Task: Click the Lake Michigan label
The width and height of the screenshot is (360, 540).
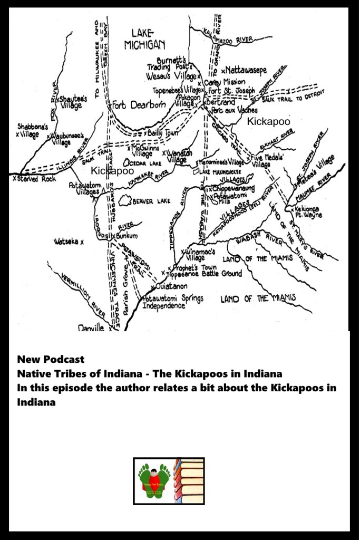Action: [145, 38]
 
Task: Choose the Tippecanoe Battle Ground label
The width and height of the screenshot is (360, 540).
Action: [205, 274]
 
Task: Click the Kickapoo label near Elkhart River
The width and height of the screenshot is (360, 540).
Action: [269, 121]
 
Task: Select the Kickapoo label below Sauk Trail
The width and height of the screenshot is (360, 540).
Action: [112, 171]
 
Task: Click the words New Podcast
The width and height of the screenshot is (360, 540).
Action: [51, 360]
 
